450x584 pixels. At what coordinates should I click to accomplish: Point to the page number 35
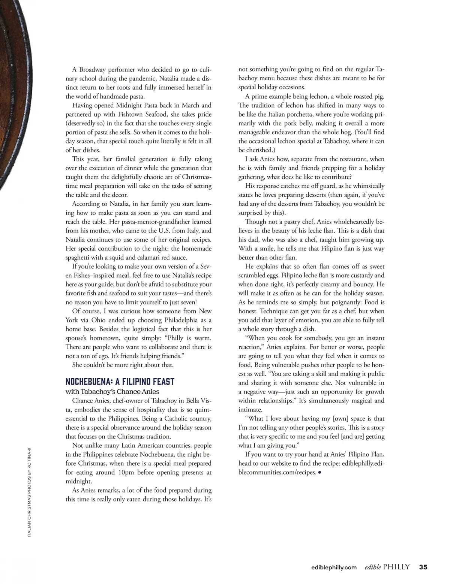pyautogui.click(x=423, y=567)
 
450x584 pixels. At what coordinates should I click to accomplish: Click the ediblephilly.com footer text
pyautogui.click(x=334, y=568)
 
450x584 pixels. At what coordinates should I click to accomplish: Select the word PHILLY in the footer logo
pyautogui.click(x=396, y=567)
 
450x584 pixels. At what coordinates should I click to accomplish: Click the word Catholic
pyautogui.click(x=173, y=418)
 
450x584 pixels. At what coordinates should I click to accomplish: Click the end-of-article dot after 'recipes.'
pyautogui.click(x=319, y=473)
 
